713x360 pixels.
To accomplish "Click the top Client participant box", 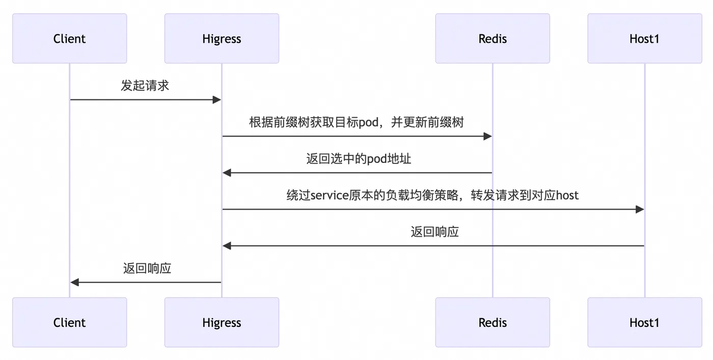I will coord(69,39).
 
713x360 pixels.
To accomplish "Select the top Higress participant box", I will coord(222,39).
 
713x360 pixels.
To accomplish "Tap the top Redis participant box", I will coord(492,39).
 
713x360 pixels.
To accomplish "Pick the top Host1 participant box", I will coord(644,39).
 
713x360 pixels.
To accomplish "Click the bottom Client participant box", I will coord(69,322).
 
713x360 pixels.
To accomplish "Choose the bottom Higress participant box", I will coord(222,322).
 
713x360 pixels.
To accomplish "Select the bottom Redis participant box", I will coord(492,322).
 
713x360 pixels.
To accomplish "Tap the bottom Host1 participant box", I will coord(644,322).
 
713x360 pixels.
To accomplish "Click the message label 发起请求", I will coord(145,86).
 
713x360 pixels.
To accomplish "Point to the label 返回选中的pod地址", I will coord(359,159).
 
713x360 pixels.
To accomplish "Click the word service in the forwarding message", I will coord(330,196).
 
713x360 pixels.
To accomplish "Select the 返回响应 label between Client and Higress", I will coord(147,268).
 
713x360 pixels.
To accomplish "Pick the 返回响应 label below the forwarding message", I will coord(434,232).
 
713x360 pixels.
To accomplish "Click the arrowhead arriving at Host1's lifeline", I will coord(640,209).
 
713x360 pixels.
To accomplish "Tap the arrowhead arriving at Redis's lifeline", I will coord(487,136).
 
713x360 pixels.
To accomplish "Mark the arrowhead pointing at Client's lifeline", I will coord(75,282).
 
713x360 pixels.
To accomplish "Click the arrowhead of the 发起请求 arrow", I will coord(216,100).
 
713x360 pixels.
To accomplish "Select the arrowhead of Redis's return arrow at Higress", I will coord(227,173).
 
